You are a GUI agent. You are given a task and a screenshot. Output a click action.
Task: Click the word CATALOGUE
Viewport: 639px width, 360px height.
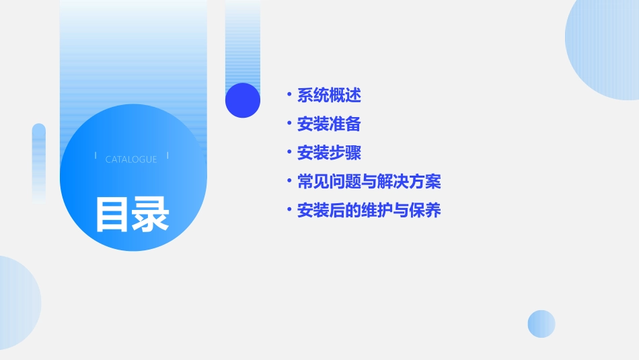(x=131, y=159)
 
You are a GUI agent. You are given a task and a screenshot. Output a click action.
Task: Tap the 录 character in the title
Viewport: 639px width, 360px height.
(x=151, y=215)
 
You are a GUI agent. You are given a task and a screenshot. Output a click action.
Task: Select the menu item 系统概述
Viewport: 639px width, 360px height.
(x=329, y=96)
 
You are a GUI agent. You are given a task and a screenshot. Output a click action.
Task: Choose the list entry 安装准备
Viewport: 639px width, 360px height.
(x=329, y=124)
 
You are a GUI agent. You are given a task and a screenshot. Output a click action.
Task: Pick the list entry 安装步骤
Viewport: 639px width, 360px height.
(x=329, y=153)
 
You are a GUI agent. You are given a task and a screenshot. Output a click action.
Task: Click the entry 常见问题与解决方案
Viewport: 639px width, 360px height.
(x=369, y=182)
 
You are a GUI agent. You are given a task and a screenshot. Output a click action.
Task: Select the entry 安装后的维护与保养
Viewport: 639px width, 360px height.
(x=369, y=211)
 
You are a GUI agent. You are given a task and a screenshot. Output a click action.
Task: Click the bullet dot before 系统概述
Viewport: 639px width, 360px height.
(x=289, y=96)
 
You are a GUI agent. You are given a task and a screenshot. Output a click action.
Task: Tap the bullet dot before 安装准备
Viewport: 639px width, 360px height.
(x=289, y=124)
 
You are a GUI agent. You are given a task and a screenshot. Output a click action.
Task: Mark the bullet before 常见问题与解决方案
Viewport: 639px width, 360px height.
(x=289, y=182)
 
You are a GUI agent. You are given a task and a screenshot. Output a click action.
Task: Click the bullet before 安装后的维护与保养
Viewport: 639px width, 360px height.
(x=289, y=211)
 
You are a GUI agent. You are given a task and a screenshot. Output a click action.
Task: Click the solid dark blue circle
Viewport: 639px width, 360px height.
(x=242, y=100)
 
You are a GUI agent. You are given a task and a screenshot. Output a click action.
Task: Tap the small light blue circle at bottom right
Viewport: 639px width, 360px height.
(x=541, y=324)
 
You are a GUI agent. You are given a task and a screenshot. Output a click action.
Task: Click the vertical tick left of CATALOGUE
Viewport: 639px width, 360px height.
(x=96, y=156)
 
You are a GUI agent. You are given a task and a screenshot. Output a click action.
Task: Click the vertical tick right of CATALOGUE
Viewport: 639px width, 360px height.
(x=167, y=156)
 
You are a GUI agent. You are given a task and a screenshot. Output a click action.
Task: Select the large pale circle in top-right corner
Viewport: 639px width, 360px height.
(x=605, y=47)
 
